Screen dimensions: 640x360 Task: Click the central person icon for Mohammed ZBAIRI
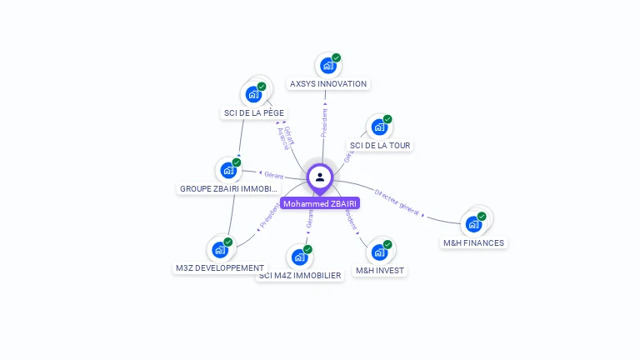[x=320, y=177]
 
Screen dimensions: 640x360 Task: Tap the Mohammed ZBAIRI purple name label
[x=320, y=203]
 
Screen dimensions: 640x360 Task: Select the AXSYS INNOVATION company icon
[x=327, y=66]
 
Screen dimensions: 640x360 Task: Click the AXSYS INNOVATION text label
[x=327, y=84]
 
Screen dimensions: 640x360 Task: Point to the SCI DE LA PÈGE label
[x=253, y=112]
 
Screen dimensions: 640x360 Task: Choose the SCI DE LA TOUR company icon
[x=379, y=127]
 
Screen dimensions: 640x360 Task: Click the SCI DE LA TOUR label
[x=380, y=146]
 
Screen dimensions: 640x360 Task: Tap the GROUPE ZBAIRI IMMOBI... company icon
[x=228, y=170]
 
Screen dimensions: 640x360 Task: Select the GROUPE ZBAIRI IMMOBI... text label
[x=228, y=189]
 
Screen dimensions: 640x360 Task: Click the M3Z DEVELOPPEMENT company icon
[x=220, y=249]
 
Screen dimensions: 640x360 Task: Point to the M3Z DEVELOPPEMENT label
[x=220, y=268]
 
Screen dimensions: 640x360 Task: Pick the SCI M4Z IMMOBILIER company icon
[x=299, y=257]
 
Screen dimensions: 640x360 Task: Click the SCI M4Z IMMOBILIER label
[x=300, y=276]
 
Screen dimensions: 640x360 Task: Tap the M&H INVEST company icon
[x=379, y=252]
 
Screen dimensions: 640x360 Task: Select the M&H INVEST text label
[x=380, y=271]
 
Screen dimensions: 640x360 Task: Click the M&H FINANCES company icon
[x=473, y=223]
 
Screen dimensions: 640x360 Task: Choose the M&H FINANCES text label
[x=473, y=243]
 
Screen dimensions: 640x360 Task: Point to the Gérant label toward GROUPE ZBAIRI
[x=273, y=175]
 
